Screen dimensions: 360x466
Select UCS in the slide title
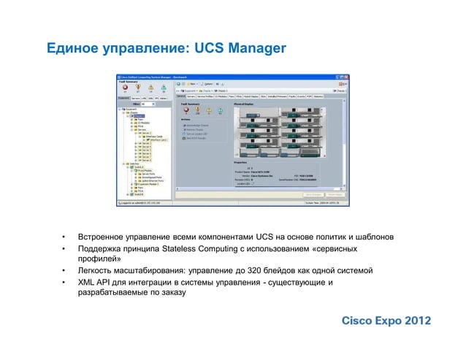pyautogui.click(x=208, y=49)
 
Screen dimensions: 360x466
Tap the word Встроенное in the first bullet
pyautogui.click(x=104, y=237)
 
